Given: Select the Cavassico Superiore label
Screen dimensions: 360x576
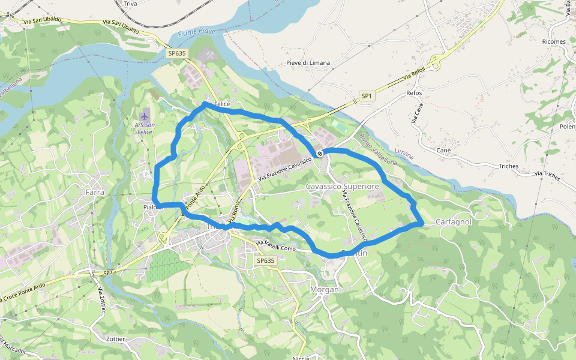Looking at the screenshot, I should [343, 187].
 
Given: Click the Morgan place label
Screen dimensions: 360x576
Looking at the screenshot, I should [324, 289].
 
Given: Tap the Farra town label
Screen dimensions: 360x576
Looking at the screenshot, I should [95, 192].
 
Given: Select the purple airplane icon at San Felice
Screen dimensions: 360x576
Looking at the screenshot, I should [144, 115].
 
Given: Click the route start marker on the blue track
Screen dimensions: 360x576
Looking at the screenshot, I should [320, 154].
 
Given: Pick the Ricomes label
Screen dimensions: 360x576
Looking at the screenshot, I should [553, 41].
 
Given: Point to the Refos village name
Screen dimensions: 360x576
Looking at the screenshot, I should [414, 93].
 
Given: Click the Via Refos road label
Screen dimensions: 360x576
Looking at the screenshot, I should [414, 74].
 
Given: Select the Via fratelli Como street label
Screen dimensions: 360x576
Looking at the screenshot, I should [277, 245].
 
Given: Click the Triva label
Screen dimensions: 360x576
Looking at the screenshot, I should [130, 4].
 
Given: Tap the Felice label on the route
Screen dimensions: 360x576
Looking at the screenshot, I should [222, 104].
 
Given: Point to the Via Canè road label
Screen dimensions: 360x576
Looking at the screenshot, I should [416, 113].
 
